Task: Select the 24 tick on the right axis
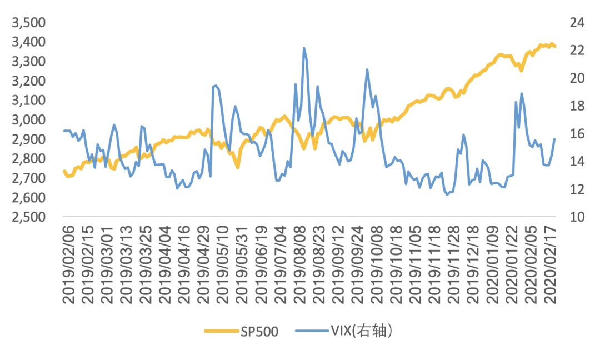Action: point(576,23)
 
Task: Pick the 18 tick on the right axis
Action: point(576,106)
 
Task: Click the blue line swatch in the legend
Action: point(312,332)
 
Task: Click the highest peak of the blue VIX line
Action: point(304,48)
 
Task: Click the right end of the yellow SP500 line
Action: point(554,47)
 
